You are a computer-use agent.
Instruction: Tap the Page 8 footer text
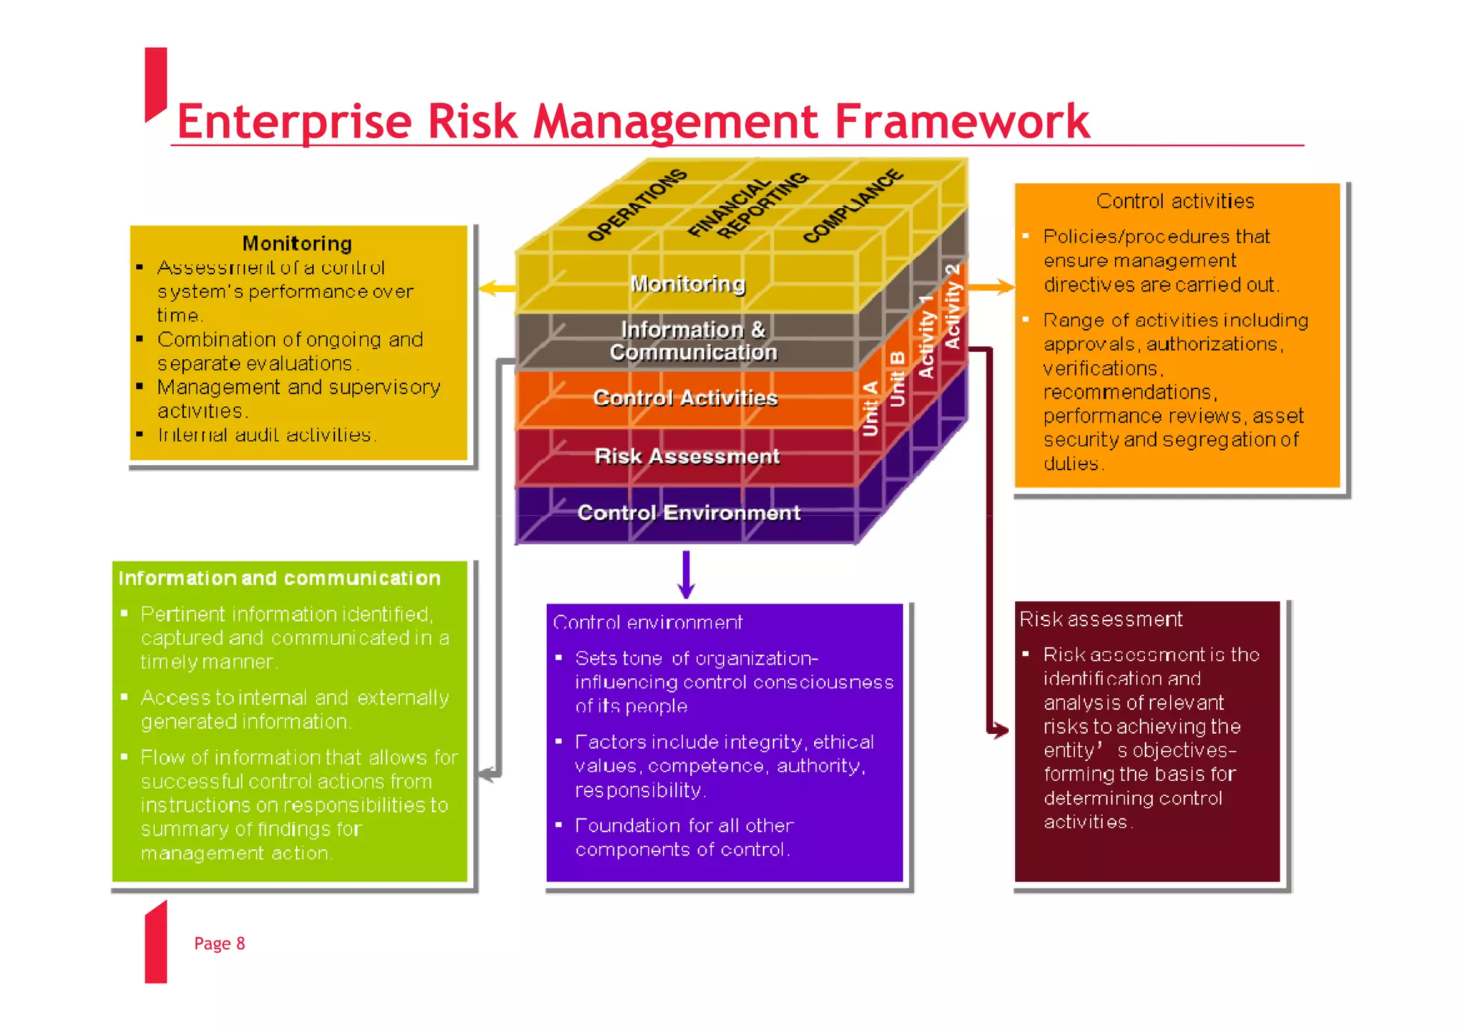tap(219, 943)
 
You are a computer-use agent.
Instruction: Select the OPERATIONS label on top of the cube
tap(637, 204)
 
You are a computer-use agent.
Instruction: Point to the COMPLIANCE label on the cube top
tap(853, 206)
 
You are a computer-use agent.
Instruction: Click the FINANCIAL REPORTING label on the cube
tap(747, 204)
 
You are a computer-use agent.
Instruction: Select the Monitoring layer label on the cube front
tap(688, 284)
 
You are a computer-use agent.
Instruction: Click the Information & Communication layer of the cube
tap(693, 341)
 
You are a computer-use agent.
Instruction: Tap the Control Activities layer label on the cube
tap(685, 398)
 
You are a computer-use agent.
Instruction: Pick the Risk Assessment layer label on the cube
tap(687, 457)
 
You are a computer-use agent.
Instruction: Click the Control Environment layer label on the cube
tap(689, 513)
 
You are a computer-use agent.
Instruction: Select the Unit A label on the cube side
tap(870, 408)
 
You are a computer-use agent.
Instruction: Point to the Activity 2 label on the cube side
tap(952, 306)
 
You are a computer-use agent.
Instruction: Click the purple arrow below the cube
tap(686, 576)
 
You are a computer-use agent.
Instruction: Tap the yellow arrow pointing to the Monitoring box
tap(496, 289)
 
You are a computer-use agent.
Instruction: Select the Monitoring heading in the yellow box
tap(297, 244)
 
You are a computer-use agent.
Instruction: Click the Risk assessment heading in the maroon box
tap(1100, 619)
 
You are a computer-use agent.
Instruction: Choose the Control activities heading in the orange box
tap(1175, 202)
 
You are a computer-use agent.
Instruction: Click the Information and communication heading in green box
tap(279, 579)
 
